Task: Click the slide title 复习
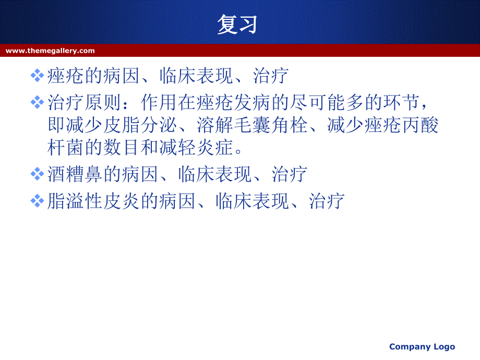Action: tap(237, 24)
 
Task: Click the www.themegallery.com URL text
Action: tap(50, 51)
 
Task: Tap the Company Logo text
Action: tap(422, 347)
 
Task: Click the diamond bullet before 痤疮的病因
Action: tap(38, 76)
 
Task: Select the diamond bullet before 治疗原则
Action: tap(38, 102)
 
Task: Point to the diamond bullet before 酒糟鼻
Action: tap(38, 174)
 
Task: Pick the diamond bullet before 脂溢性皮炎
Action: tap(38, 201)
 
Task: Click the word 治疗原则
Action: tap(84, 102)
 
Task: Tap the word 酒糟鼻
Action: tap(75, 174)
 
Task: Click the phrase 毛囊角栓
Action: tap(271, 125)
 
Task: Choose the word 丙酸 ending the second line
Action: tap(421, 125)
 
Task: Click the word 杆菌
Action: tap(66, 147)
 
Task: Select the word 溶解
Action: tap(215, 125)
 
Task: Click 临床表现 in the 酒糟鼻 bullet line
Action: tap(215, 174)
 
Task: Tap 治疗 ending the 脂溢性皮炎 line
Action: tap(327, 201)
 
